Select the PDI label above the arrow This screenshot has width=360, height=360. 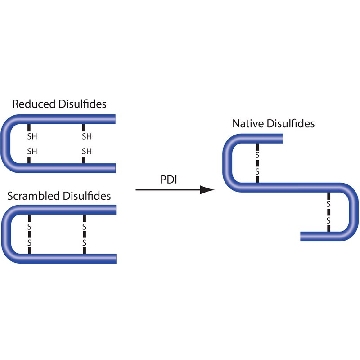coord(169,180)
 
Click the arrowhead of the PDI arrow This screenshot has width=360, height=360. coord(207,190)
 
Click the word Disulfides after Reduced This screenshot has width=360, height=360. coord(82,104)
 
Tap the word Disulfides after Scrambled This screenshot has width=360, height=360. coord(87,196)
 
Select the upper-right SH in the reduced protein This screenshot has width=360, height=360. coord(86,136)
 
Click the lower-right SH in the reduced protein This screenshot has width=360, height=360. coord(86,151)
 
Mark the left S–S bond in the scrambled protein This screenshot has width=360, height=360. coord(29,235)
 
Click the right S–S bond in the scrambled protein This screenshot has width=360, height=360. coord(84,235)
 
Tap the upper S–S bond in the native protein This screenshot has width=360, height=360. coord(257,163)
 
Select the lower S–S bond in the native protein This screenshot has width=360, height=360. coord(329,212)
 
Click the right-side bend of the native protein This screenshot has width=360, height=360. coord(354,212)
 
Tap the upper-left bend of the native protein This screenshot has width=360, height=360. coord(227,163)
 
